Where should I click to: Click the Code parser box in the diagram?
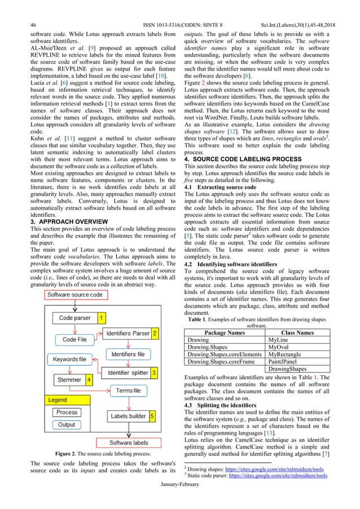tap(74, 318)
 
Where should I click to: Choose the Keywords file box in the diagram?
tap(69, 359)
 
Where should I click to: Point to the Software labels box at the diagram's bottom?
tap(129, 442)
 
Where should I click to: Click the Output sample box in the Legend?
tap(67, 425)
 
